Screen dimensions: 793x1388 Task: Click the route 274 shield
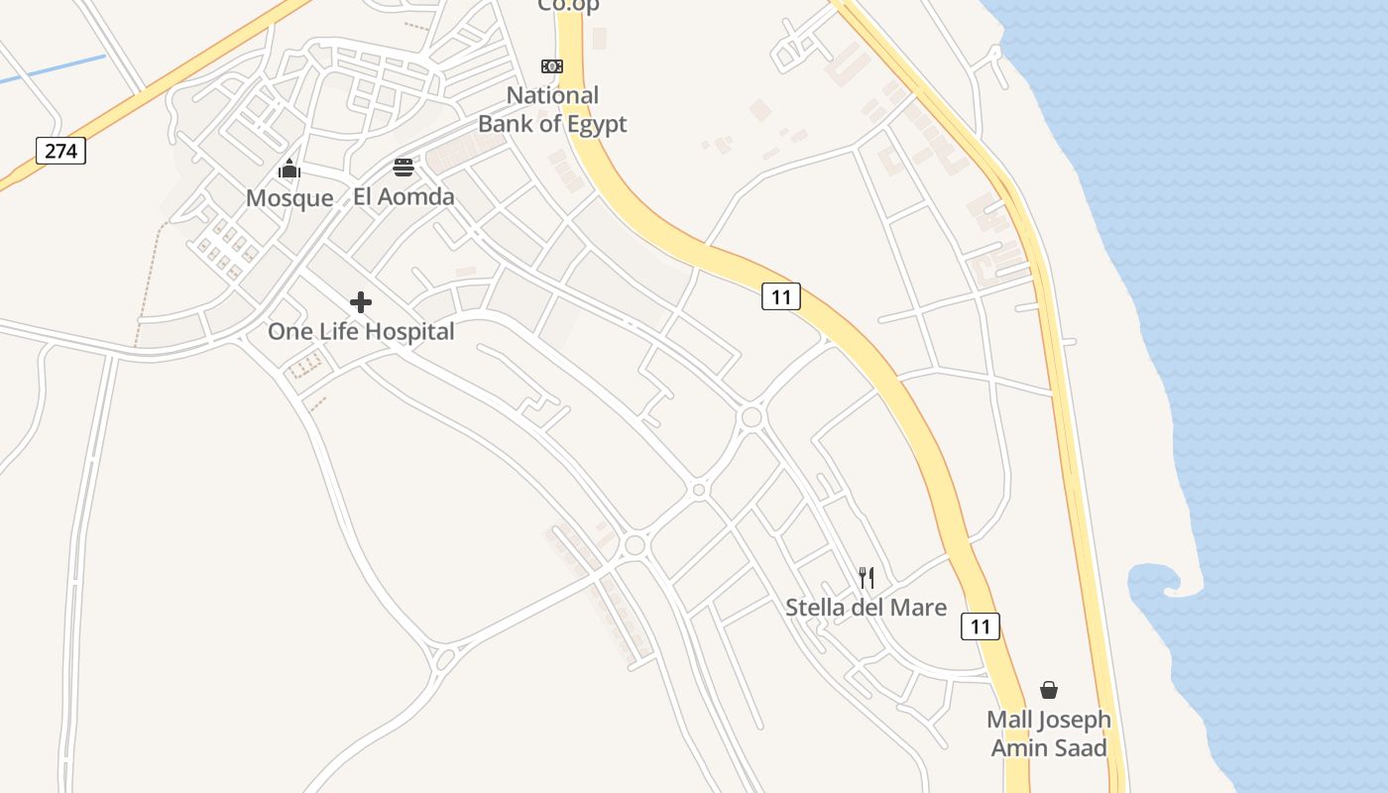(61, 151)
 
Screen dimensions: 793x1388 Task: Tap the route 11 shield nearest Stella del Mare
(980, 626)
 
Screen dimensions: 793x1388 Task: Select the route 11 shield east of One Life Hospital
(780, 296)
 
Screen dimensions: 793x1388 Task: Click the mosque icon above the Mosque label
(289, 169)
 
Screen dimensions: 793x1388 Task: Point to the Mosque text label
(289, 198)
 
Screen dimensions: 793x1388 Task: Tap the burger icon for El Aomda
(404, 167)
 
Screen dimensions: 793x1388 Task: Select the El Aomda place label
(404, 196)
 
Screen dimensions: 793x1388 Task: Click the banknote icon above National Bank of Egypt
(552, 66)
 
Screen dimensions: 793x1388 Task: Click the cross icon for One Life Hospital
(361, 301)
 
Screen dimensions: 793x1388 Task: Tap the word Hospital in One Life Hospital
(407, 331)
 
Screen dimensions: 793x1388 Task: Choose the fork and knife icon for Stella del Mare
(867, 577)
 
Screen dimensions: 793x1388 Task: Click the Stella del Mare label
(866, 607)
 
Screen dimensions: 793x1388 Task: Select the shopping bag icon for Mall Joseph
(1049, 690)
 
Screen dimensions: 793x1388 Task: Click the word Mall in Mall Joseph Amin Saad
(1010, 720)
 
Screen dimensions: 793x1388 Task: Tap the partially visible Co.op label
(568, 6)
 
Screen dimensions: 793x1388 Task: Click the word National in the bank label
(552, 96)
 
